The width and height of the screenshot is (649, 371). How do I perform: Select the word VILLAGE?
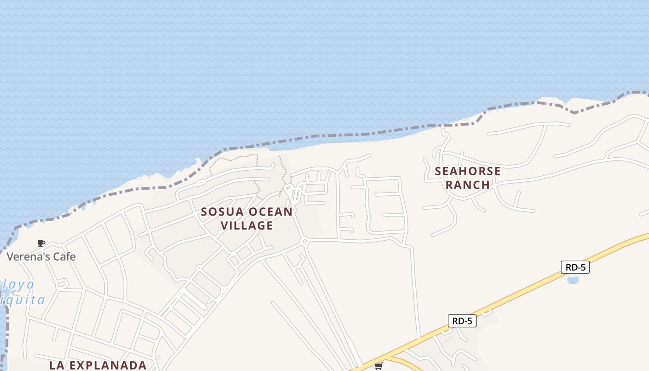(247, 225)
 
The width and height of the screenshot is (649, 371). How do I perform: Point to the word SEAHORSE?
(468, 171)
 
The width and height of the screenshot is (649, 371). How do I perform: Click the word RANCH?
(468, 185)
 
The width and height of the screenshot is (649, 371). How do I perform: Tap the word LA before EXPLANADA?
(56, 365)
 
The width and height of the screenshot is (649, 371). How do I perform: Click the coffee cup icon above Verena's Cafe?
(41, 243)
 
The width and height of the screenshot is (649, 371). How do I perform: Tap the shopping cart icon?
(379, 366)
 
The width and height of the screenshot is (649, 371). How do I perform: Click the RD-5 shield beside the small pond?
(575, 267)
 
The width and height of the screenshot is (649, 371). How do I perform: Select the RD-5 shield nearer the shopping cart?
(462, 321)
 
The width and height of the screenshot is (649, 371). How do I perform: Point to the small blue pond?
(573, 280)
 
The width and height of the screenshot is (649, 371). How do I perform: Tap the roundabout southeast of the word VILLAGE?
(305, 241)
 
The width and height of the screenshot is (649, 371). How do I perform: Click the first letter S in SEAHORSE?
(438, 171)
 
